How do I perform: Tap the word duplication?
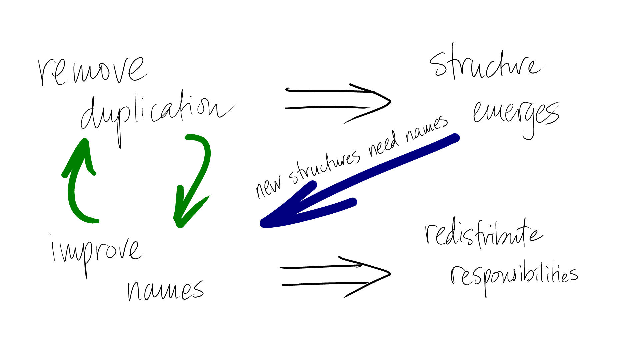pyautogui.click(x=157, y=113)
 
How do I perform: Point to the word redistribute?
pyautogui.click(x=483, y=235)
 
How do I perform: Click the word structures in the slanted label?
pyautogui.click(x=325, y=165)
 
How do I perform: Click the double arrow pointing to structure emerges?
pyautogui.click(x=337, y=100)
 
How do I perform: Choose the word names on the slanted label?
pyautogui.click(x=427, y=128)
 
